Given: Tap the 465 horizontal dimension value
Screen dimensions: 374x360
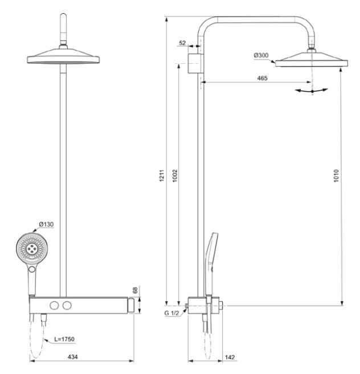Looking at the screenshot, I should pyautogui.click(x=262, y=78).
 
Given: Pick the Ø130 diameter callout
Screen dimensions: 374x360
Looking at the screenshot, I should pyautogui.click(x=46, y=224).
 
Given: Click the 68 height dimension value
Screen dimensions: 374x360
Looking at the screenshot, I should pyautogui.click(x=135, y=290).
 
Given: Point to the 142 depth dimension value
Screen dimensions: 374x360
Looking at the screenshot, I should pyautogui.click(x=230, y=357).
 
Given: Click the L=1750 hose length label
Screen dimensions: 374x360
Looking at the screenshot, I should pyautogui.click(x=63, y=339).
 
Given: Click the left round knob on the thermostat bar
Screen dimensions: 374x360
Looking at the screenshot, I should pyautogui.click(x=55, y=306).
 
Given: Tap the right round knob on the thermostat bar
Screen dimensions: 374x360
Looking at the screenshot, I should pyautogui.click(x=68, y=306).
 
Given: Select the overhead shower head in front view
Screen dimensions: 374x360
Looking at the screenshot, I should pyautogui.click(x=63, y=57).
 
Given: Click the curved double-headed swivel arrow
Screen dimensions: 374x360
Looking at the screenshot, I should pyautogui.click(x=312, y=90).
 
